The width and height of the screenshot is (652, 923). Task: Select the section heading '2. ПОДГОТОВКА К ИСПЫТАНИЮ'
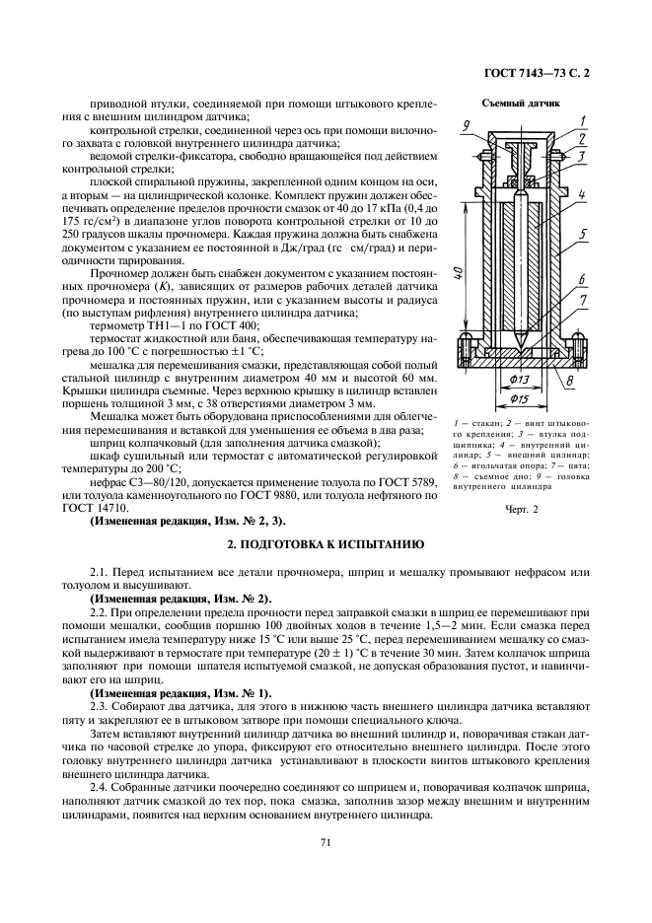pos(326,544)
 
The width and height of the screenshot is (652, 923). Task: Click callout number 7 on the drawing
pos(584,298)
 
